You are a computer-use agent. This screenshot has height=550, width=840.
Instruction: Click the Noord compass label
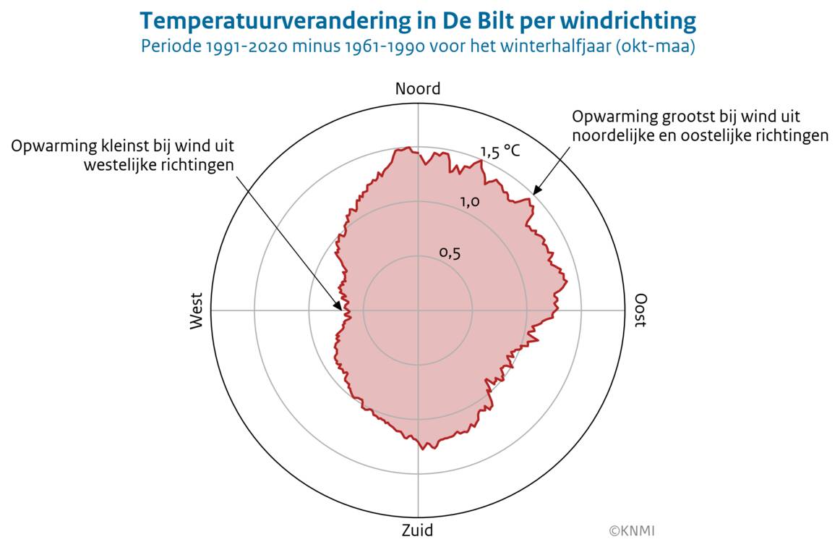point(417,89)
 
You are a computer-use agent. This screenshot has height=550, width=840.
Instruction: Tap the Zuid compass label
point(417,530)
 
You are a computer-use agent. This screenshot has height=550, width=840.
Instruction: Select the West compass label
point(197,310)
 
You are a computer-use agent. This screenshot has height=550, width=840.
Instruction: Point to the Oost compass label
point(640,310)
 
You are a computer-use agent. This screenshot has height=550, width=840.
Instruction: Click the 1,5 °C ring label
point(500,151)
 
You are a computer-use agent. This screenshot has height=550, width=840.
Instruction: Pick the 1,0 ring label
point(470,202)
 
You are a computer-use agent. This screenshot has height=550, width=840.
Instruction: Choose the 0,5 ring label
point(450,253)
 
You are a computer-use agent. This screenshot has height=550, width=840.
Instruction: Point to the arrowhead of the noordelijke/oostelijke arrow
point(535,192)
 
